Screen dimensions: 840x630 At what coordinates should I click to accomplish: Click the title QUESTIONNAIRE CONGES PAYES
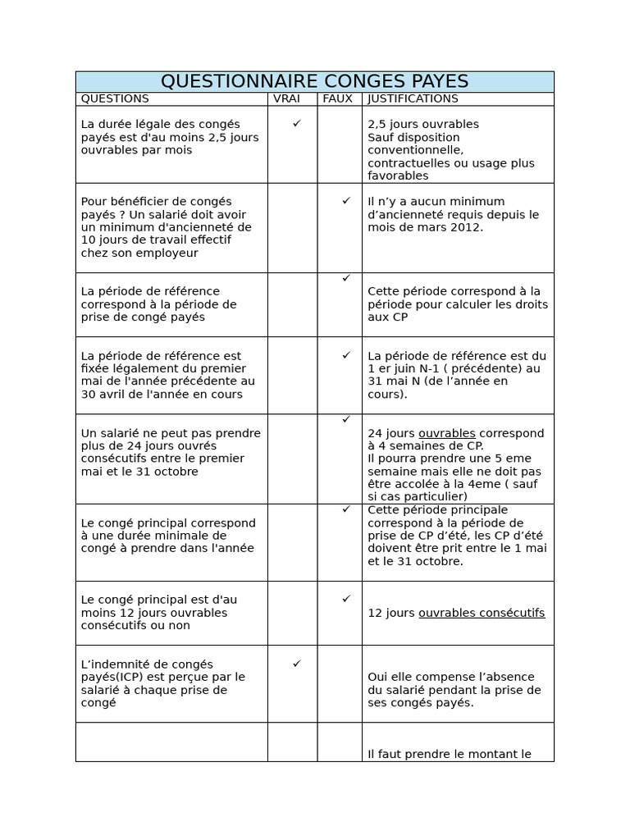coord(314,81)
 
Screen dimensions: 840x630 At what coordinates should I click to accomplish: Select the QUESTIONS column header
coord(115,98)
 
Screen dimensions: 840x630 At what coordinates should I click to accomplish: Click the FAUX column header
coord(337,98)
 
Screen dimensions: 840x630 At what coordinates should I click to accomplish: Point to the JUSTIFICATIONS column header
coord(413,98)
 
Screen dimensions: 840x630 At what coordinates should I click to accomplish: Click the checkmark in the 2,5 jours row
coord(296,123)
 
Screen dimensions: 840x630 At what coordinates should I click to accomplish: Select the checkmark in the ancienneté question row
coord(346,200)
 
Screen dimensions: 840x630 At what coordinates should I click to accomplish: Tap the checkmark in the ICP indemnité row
coord(296,663)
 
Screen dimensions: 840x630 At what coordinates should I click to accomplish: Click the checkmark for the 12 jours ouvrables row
coord(346,599)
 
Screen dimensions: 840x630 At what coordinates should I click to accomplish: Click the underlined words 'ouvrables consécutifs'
coord(482,613)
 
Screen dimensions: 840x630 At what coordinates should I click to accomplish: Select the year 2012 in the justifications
coord(466,227)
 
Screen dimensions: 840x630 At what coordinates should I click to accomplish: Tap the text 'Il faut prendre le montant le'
coord(450,754)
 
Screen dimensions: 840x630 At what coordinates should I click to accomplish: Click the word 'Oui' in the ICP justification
coord(378,677)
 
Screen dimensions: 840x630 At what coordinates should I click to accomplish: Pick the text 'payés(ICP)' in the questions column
coord(112,677)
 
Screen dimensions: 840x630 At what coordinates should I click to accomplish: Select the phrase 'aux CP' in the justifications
coord(387,317)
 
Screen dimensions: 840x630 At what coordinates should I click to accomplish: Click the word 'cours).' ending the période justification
coord(387,394)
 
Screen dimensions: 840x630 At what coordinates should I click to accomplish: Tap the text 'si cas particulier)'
coord(418,496)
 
